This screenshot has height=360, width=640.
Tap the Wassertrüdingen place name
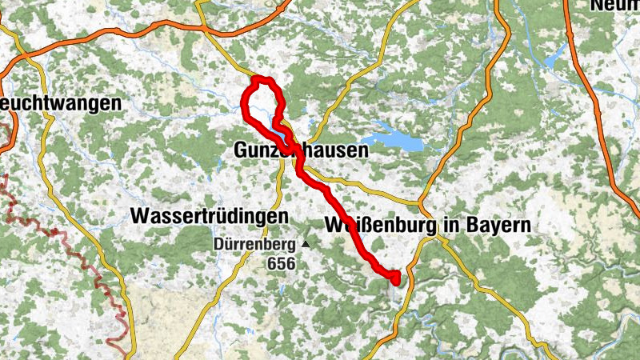(x=209, y=217)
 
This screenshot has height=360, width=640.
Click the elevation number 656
(x=282, y=263)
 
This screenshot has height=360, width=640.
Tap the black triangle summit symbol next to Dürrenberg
(x=304, y=243)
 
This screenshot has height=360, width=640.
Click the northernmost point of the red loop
(x=260, y=78)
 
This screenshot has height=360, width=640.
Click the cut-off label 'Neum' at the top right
(x=614, y=6)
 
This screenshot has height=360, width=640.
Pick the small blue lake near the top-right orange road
(x=553, y=60)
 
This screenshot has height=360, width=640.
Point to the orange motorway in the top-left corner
(x=48, y=48)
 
